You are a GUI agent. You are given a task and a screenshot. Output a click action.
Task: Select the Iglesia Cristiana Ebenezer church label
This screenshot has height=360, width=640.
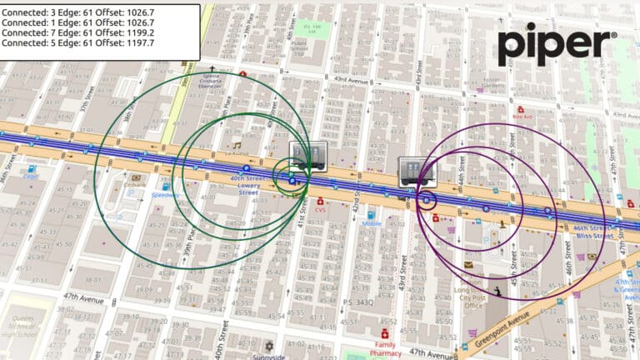tap(212, 84)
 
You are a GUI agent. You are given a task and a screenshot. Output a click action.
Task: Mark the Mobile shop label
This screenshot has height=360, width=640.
tap(372, 223)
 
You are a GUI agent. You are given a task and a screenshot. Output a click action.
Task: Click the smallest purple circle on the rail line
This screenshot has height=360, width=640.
tap(429, 201)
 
